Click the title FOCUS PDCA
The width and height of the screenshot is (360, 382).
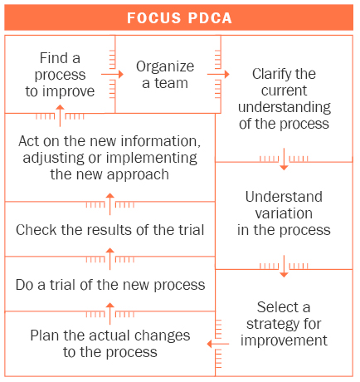pos(180,17)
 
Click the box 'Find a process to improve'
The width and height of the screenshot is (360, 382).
pos(60,75)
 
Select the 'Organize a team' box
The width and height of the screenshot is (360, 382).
pos(165,75)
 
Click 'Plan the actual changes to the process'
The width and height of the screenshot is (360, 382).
pos(109,344)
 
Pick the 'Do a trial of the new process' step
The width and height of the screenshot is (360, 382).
pos(109,285)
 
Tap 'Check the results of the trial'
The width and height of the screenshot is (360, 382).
pos(109,230)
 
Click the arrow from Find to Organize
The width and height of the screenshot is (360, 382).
pos(117,74)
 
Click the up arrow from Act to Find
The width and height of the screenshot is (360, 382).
pos(60,113)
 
